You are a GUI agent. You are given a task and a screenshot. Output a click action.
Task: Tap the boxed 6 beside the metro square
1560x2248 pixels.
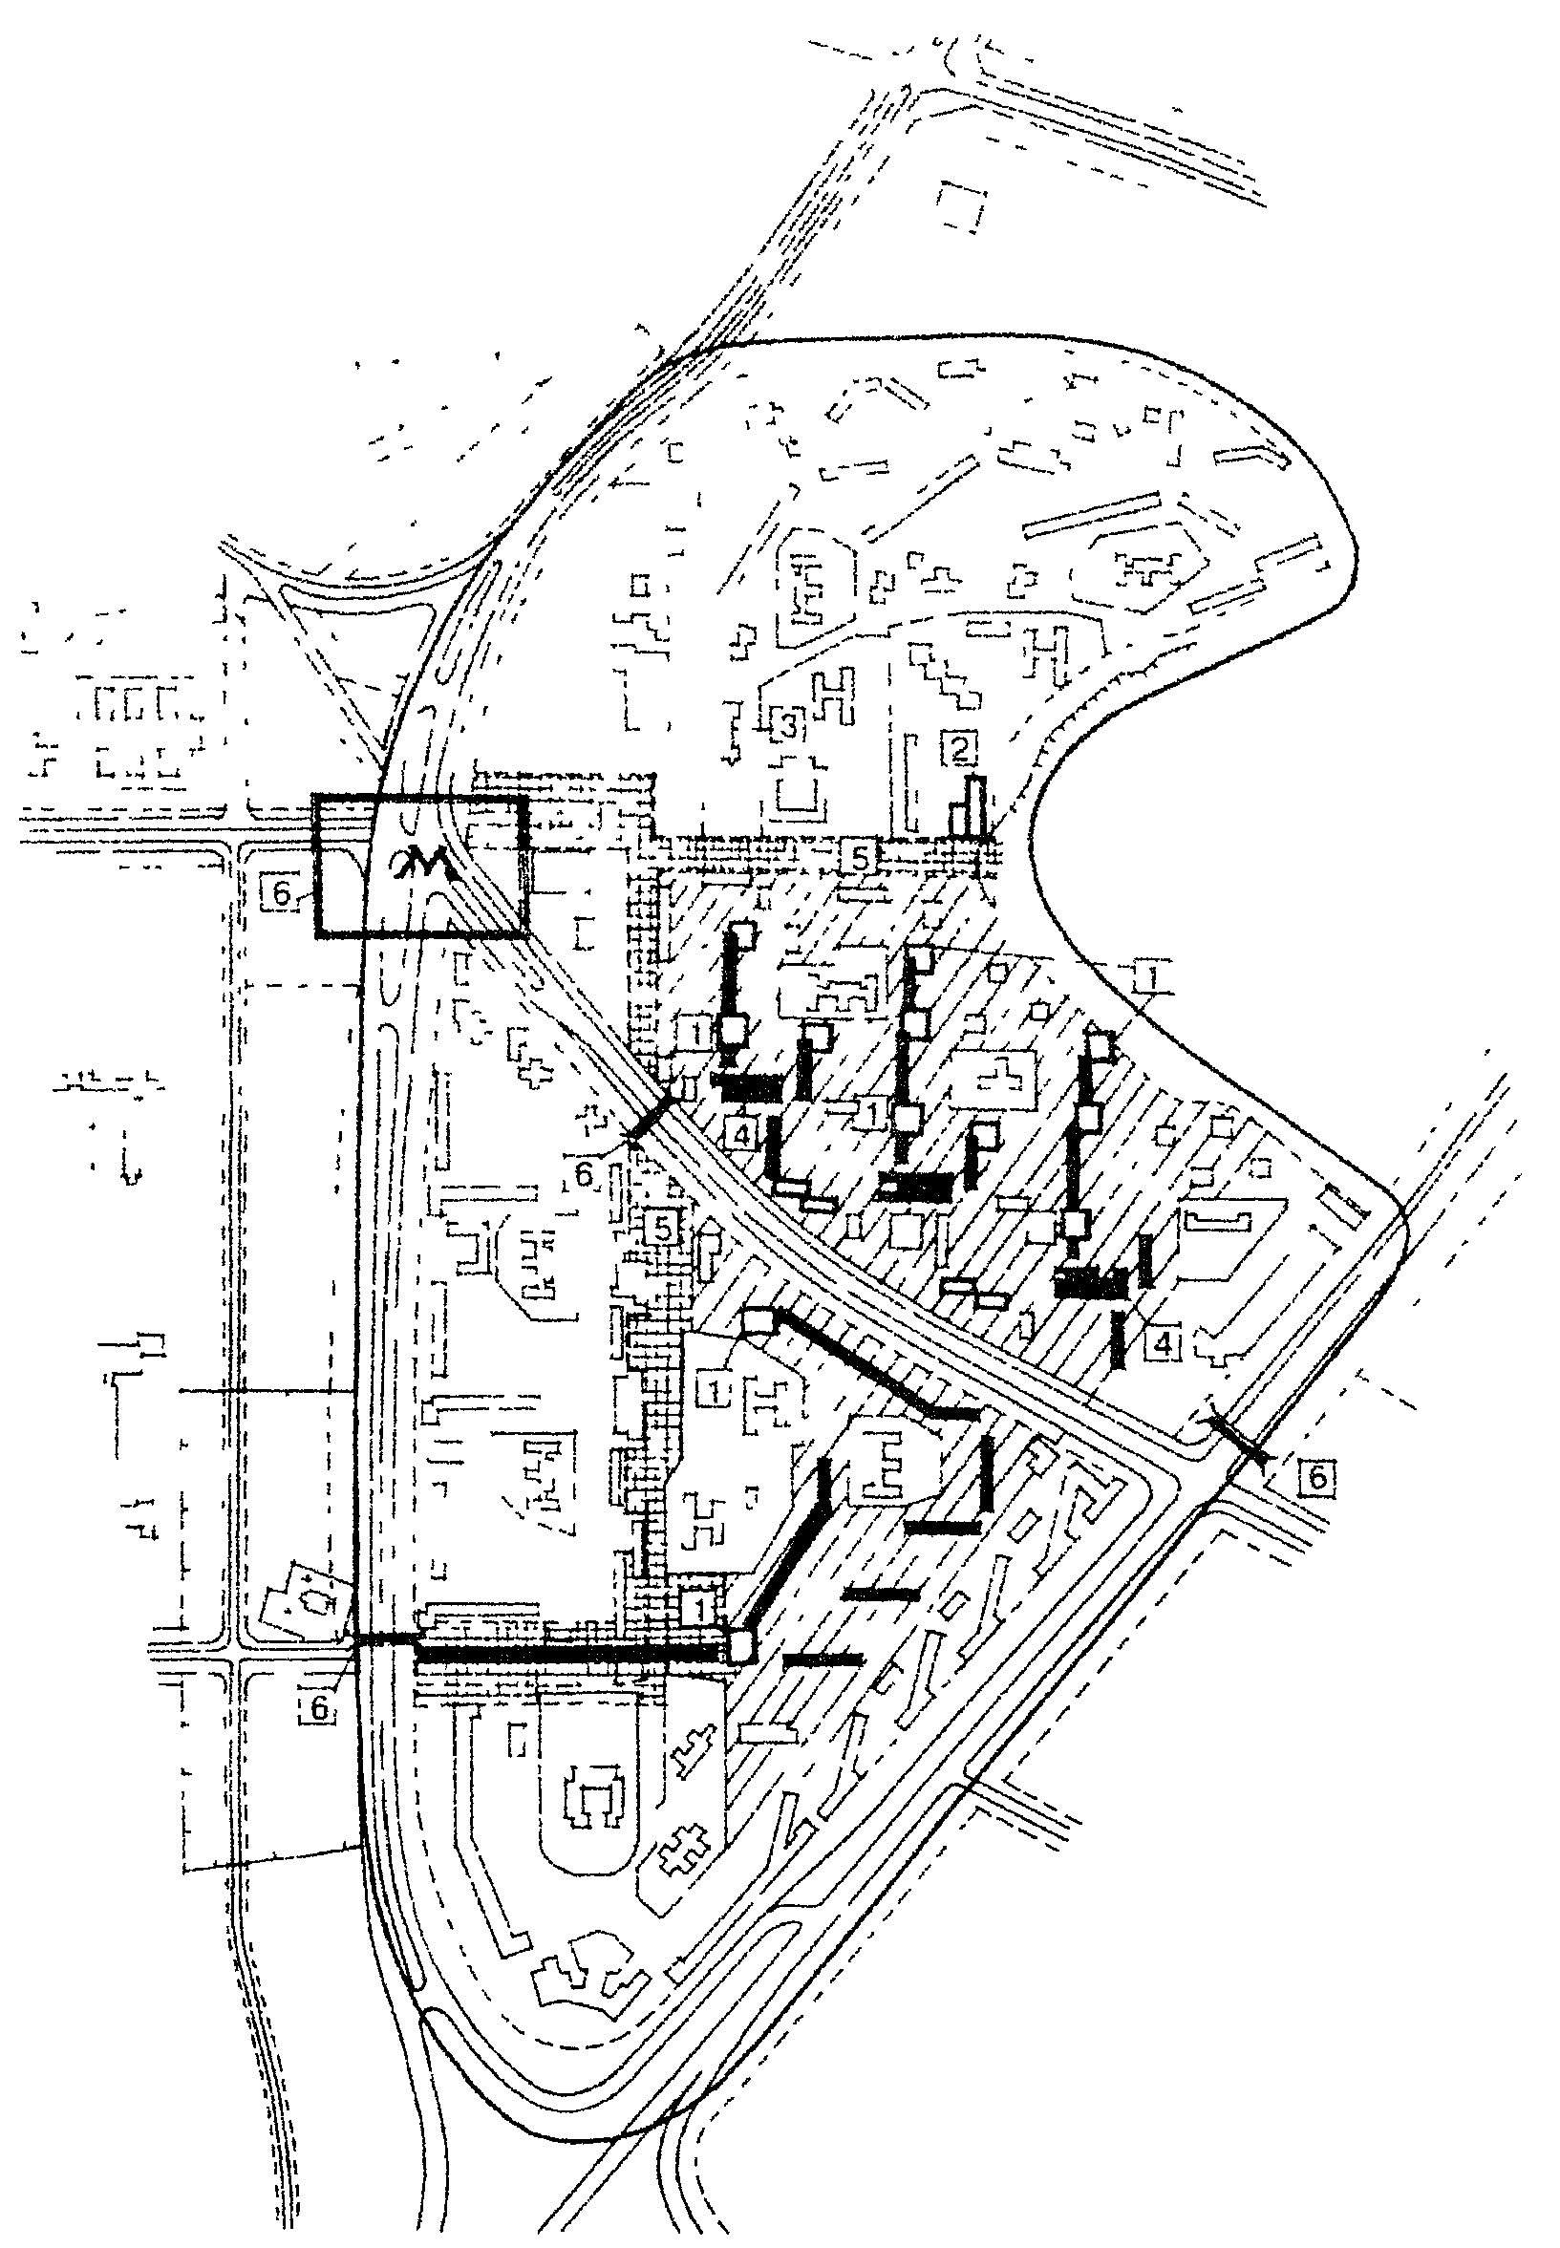(278, 894)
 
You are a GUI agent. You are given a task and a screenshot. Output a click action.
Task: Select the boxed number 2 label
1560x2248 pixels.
(961, 750)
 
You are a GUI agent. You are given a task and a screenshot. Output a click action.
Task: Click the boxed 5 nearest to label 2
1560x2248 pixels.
(859, 857)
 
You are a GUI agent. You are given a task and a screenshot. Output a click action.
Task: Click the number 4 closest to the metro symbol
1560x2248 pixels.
(743, 1136)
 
